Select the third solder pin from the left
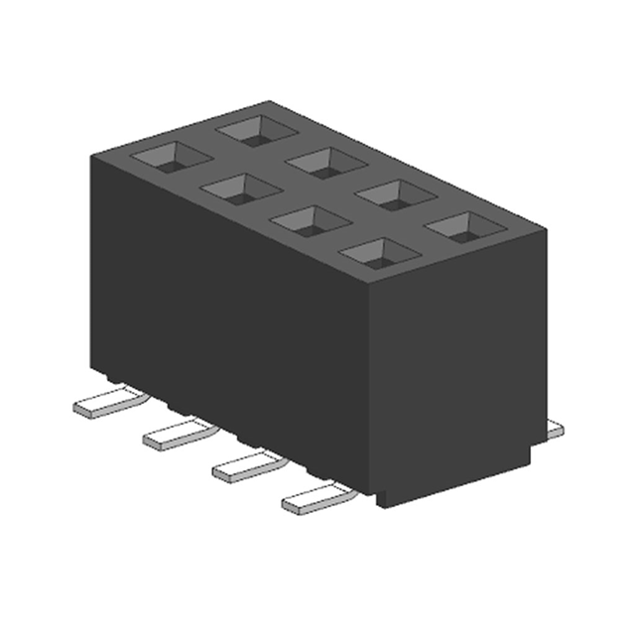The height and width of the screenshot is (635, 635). [246, 465]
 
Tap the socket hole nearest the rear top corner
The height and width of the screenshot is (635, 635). [254, 127]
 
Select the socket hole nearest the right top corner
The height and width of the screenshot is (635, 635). [458, 226]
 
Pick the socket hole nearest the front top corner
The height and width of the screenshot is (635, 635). [377, 254]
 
